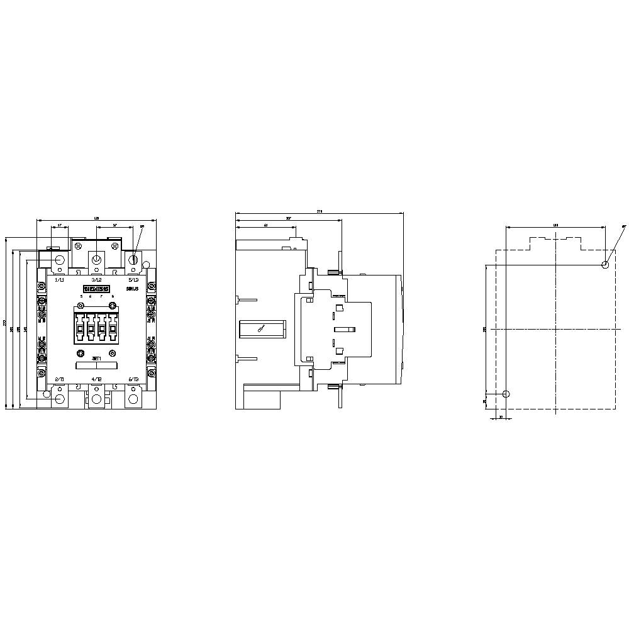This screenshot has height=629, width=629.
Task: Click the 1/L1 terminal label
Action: [60, 279]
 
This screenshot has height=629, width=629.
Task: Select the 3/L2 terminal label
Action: [96, 279]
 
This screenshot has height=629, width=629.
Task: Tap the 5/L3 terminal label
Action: [133, 279]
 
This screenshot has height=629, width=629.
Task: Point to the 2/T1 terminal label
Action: [60, 379]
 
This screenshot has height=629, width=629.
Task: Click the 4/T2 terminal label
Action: [96, 379]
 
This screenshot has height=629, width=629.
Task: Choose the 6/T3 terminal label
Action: [133, 379]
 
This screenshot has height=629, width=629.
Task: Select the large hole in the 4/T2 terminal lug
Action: [96, 399]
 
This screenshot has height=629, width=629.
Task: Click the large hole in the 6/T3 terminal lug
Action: [133, 399]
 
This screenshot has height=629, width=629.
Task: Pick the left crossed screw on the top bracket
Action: [79, 245]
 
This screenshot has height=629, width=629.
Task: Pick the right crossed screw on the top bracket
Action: [114, 245]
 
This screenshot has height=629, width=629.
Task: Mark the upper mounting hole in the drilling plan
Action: [605, 265]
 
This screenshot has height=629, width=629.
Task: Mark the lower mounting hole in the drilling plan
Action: [507, 394]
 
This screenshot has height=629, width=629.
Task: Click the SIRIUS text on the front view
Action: [132, 288]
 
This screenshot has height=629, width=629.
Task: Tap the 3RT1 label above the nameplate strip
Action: [96, 358]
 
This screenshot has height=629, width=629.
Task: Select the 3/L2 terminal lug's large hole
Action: [96, 260]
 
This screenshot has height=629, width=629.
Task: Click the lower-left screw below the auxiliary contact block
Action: [81, 353]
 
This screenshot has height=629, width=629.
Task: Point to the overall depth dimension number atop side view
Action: [320, 212]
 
